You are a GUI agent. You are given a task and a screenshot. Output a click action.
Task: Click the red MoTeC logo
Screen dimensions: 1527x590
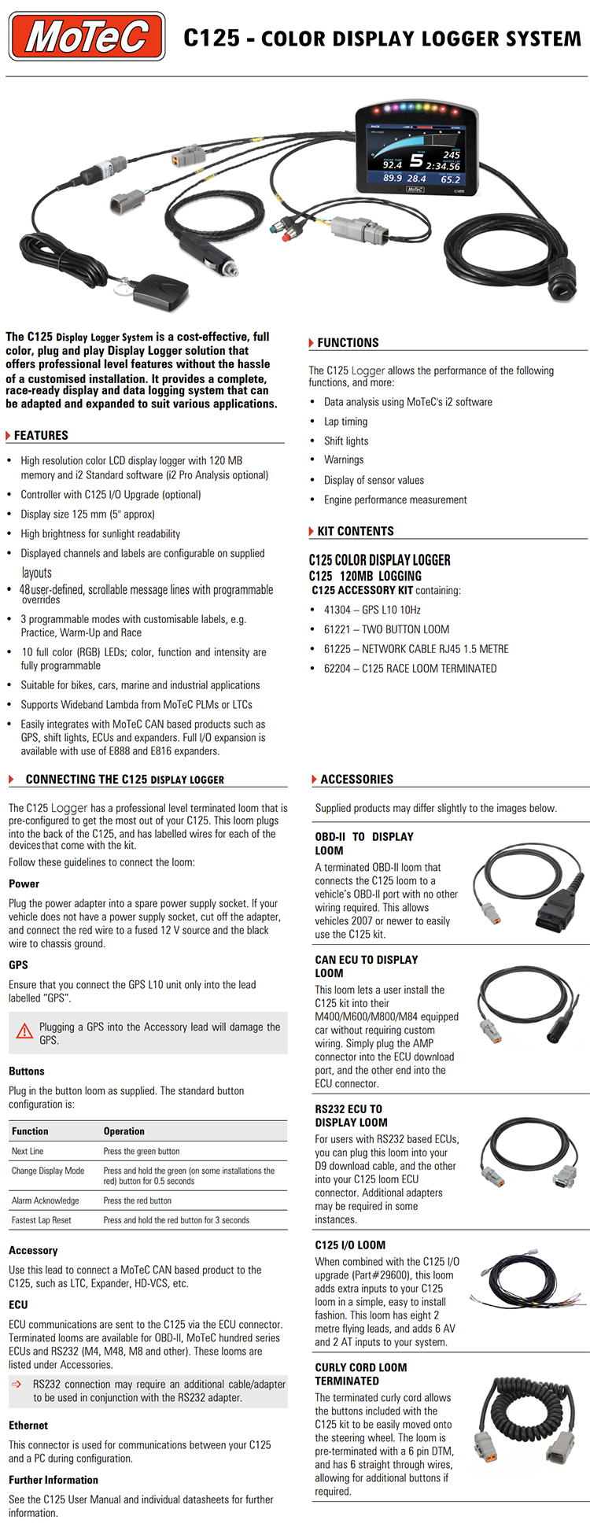tap(87, 36)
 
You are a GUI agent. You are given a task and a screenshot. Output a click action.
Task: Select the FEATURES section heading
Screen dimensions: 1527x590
tap(41, 435)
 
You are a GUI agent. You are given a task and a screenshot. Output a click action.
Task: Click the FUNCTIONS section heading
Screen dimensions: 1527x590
tap(348, 343)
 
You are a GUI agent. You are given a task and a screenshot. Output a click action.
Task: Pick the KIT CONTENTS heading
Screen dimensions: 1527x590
tap(356, 531)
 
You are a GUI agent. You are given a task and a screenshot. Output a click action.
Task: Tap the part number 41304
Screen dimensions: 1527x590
tap(337, 610)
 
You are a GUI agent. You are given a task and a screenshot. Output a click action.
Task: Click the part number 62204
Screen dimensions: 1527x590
tap(337, 669)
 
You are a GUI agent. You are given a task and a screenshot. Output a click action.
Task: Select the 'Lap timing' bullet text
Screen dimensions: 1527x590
tap(345, 422)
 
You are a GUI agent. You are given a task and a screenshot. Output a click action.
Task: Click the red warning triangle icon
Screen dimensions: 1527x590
tap(25, 1031)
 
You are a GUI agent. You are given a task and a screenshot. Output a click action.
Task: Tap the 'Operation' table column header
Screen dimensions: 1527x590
tap(124, 1131)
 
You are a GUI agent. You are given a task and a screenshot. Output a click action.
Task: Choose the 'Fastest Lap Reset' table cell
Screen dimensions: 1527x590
tap(42, 1220)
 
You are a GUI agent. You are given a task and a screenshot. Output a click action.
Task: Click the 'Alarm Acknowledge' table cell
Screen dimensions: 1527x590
tap(46, 1201)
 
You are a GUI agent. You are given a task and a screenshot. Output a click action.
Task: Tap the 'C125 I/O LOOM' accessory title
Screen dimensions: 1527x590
tap(350, 1245)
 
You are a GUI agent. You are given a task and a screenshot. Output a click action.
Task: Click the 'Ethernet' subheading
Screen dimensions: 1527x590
tap(28, 1426)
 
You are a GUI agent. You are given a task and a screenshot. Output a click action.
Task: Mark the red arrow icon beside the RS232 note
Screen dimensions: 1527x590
tap(17, 1384)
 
